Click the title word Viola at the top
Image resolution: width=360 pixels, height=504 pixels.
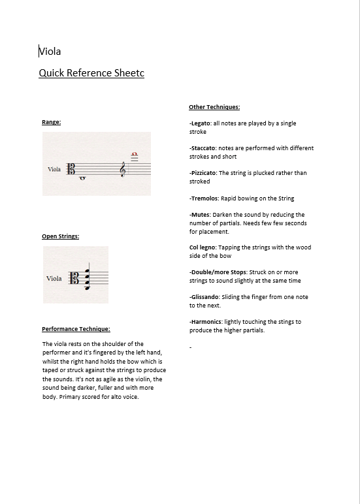[x=50, y=52]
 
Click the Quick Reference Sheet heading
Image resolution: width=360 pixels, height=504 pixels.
[x=91, y=73]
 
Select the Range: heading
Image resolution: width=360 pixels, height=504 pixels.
[x=52, y=122]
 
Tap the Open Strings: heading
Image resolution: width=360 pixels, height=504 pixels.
[x=61, y=236]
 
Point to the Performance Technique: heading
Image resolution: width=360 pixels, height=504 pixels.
[x=76, y=329]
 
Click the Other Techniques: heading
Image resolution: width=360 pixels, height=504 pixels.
[x=214, y=107]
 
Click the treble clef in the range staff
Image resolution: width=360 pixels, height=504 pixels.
[x=123, y=169]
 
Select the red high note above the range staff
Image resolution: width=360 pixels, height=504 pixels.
[x=135, y=155]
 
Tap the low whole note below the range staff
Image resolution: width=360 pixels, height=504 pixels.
[x=82, y=178]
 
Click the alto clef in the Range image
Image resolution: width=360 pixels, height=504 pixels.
[x=71, y=168]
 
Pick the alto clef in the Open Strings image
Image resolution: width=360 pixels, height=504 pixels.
[x=74, y=278]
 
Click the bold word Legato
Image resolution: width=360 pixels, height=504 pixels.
[x=201, y=123]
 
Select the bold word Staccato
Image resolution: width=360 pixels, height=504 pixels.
[x=203, y=148]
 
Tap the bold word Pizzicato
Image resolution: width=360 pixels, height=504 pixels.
[x=204, y=173]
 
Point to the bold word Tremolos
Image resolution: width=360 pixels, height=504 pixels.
[x=205, y=198]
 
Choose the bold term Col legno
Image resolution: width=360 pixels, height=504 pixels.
[x=202, y=247]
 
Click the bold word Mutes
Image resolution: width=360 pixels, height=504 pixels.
[x=201, y=215]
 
